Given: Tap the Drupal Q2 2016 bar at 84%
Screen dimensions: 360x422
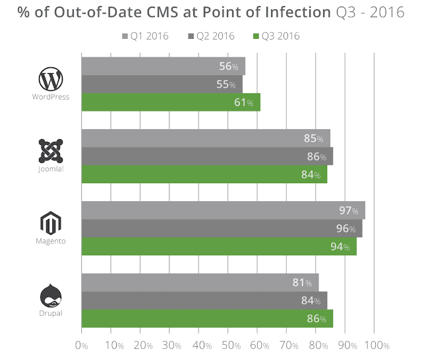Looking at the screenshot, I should (x=204, y=301).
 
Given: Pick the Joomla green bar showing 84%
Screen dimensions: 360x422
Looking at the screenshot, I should (x=204, y=175).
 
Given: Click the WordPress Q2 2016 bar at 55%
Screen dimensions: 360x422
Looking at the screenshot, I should (x=162, y=84).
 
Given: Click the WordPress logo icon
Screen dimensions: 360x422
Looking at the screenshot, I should (x=50, y=80).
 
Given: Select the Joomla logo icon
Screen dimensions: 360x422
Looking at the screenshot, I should (x=50, y=151).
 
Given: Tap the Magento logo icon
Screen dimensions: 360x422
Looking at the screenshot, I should (x=50, y=223).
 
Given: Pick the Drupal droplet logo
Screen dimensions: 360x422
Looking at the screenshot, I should (x=50, y=294).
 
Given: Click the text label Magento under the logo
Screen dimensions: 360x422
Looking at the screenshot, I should (x=50, y=241).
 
